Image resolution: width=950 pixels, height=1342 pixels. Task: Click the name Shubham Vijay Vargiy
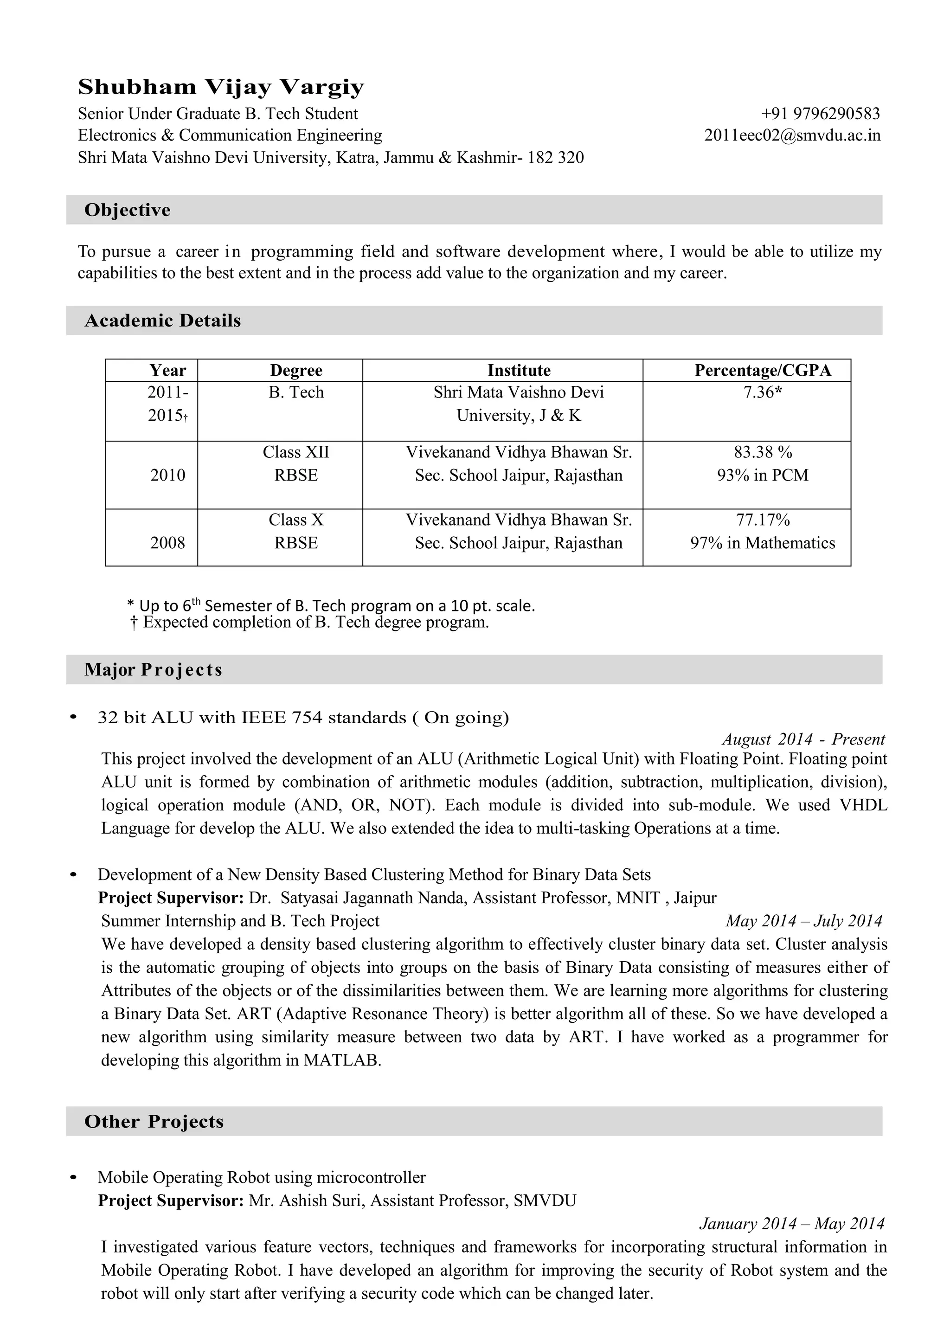pos(221,87)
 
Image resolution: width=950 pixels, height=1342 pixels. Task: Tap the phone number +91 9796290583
pos(820,114)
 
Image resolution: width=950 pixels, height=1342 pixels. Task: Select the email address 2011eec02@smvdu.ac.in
pos(792,136)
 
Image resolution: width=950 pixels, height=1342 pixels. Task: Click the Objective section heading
pos(128,210)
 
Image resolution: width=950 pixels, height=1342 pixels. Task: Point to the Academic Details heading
pos(163,321)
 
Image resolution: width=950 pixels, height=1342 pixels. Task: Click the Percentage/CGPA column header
pos(762,370)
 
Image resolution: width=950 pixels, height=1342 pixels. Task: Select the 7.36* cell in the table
pos(762,392)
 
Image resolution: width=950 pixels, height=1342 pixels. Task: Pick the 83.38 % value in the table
pos(762,452)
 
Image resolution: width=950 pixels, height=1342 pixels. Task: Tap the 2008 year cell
pos(167,543)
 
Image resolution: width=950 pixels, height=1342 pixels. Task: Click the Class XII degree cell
pos(296,452)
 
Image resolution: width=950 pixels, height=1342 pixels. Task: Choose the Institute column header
pos(519,370)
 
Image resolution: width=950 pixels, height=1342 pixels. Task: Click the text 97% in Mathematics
pos(762,543)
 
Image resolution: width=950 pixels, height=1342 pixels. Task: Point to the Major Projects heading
pos(153,669)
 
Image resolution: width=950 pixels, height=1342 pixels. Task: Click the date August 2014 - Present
pos(803,739)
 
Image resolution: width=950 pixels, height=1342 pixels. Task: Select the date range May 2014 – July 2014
pos(803,921)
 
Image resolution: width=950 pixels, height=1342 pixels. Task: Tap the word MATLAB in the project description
pos(341,1060)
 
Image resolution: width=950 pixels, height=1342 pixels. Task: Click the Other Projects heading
pos(154,1122)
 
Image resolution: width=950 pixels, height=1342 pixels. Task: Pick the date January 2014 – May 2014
pos(791,1223)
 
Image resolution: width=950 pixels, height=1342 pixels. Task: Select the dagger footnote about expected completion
pos(309,622)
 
